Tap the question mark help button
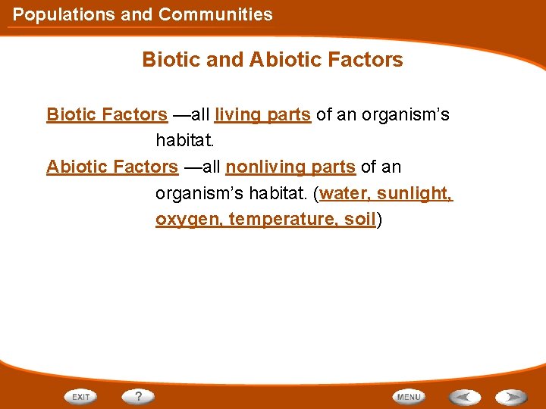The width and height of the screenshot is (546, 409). [x=138, y=396]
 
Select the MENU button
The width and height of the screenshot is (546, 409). [x=409, y=396]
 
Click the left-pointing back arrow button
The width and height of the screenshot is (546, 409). [x=464, y=396]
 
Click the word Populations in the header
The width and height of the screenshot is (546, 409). [x=64, y=14]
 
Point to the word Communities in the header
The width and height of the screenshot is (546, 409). [x=215, y=14]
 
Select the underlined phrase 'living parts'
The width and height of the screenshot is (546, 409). [x=262, y=114]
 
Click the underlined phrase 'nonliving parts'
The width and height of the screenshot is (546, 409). [x=290, y=166]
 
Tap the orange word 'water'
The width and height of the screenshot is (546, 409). [x=341, y=193]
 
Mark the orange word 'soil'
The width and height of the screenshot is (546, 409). [x=363, y=219]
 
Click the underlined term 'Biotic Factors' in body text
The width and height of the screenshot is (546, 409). [x=107, y=114]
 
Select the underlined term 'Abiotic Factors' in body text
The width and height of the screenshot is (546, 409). [x=112, y=166]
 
